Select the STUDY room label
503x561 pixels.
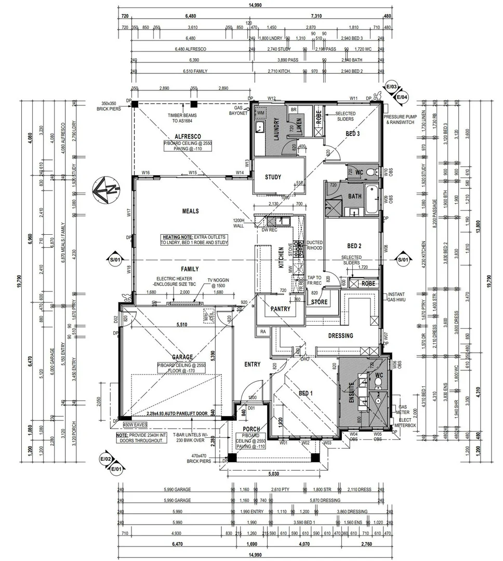(x=273, y=177)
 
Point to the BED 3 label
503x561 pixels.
(x=353, y=133)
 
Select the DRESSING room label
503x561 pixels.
(x=340, y=336)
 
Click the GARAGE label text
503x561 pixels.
(x=182, y=357)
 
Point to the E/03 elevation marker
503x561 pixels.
(x=391, y=87)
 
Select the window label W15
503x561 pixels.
(x=193, y=172)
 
